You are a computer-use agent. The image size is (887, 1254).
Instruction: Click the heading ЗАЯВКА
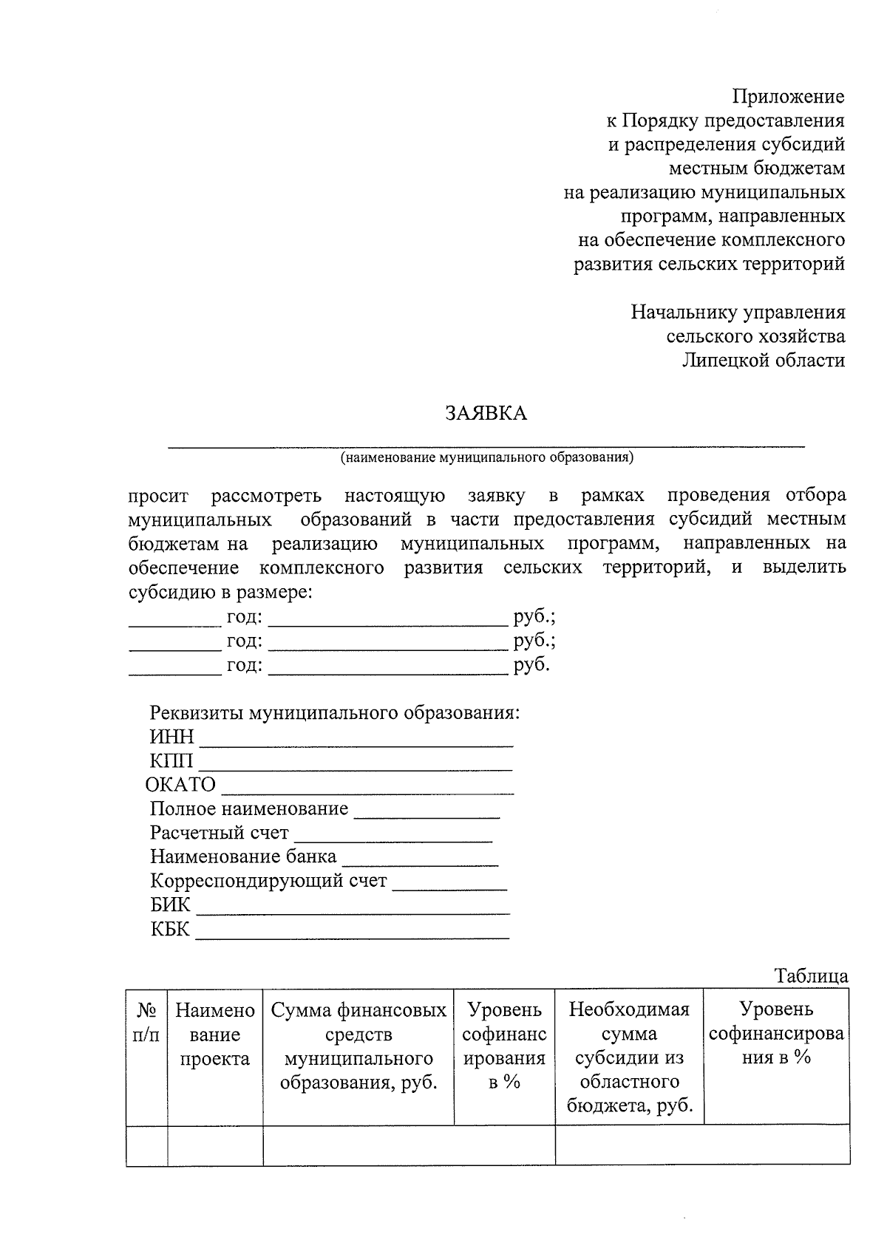coord(486,413)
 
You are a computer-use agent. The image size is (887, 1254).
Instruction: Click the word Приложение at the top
coord(788,97)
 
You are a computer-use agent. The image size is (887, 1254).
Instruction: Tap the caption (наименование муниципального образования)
coord(486,457)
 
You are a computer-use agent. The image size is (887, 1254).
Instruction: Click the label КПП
coord(171,761)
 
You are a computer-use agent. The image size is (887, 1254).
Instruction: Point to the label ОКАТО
coord(181,785)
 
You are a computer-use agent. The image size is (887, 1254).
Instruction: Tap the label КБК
coord(171,929)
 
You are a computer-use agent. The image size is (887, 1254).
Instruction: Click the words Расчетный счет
coord(219,833)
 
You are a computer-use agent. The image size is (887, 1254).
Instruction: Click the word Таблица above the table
coord(811,976)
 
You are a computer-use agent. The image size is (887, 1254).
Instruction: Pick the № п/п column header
coord(146,1023)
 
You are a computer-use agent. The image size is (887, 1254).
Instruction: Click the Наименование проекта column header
coord(215,1035)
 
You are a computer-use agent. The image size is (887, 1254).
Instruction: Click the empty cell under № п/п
coord(146,1145)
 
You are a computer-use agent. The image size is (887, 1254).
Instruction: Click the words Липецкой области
coord(763,361)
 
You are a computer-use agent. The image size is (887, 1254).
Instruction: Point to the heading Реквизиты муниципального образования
coord(335,713)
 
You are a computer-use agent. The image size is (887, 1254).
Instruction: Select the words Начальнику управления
coord(738,313)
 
